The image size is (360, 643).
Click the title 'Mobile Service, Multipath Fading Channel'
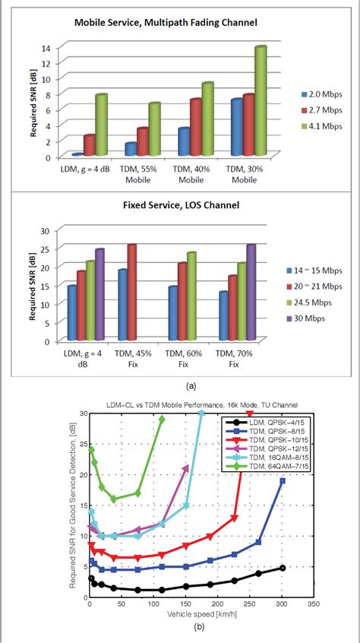tap(165, 23)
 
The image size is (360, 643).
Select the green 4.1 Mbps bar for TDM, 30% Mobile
tap(260, 101)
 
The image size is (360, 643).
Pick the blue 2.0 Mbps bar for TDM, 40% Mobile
tap(183, 141)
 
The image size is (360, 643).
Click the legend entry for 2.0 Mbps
tap(319, 95)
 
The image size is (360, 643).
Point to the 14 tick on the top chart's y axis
tap(45, 47)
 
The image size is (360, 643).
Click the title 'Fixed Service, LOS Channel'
tap(165, 206)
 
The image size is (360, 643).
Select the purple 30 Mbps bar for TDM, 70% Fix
tap(251, 293)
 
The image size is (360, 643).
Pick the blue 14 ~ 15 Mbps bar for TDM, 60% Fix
tap(173, 313)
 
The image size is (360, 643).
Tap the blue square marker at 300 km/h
tap(283, 481)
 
